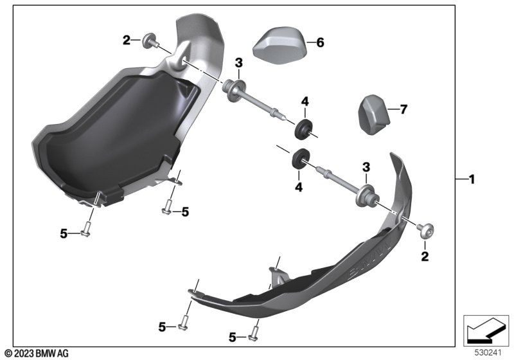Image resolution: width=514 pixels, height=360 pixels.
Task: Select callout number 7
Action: tap(403, 110)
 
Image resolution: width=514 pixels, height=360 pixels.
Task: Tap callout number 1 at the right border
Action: tap(472, 179)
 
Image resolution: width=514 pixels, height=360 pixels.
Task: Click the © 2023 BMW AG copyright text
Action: tap(36, 353)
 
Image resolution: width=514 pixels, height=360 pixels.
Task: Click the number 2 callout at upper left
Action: tap(127, 40)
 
